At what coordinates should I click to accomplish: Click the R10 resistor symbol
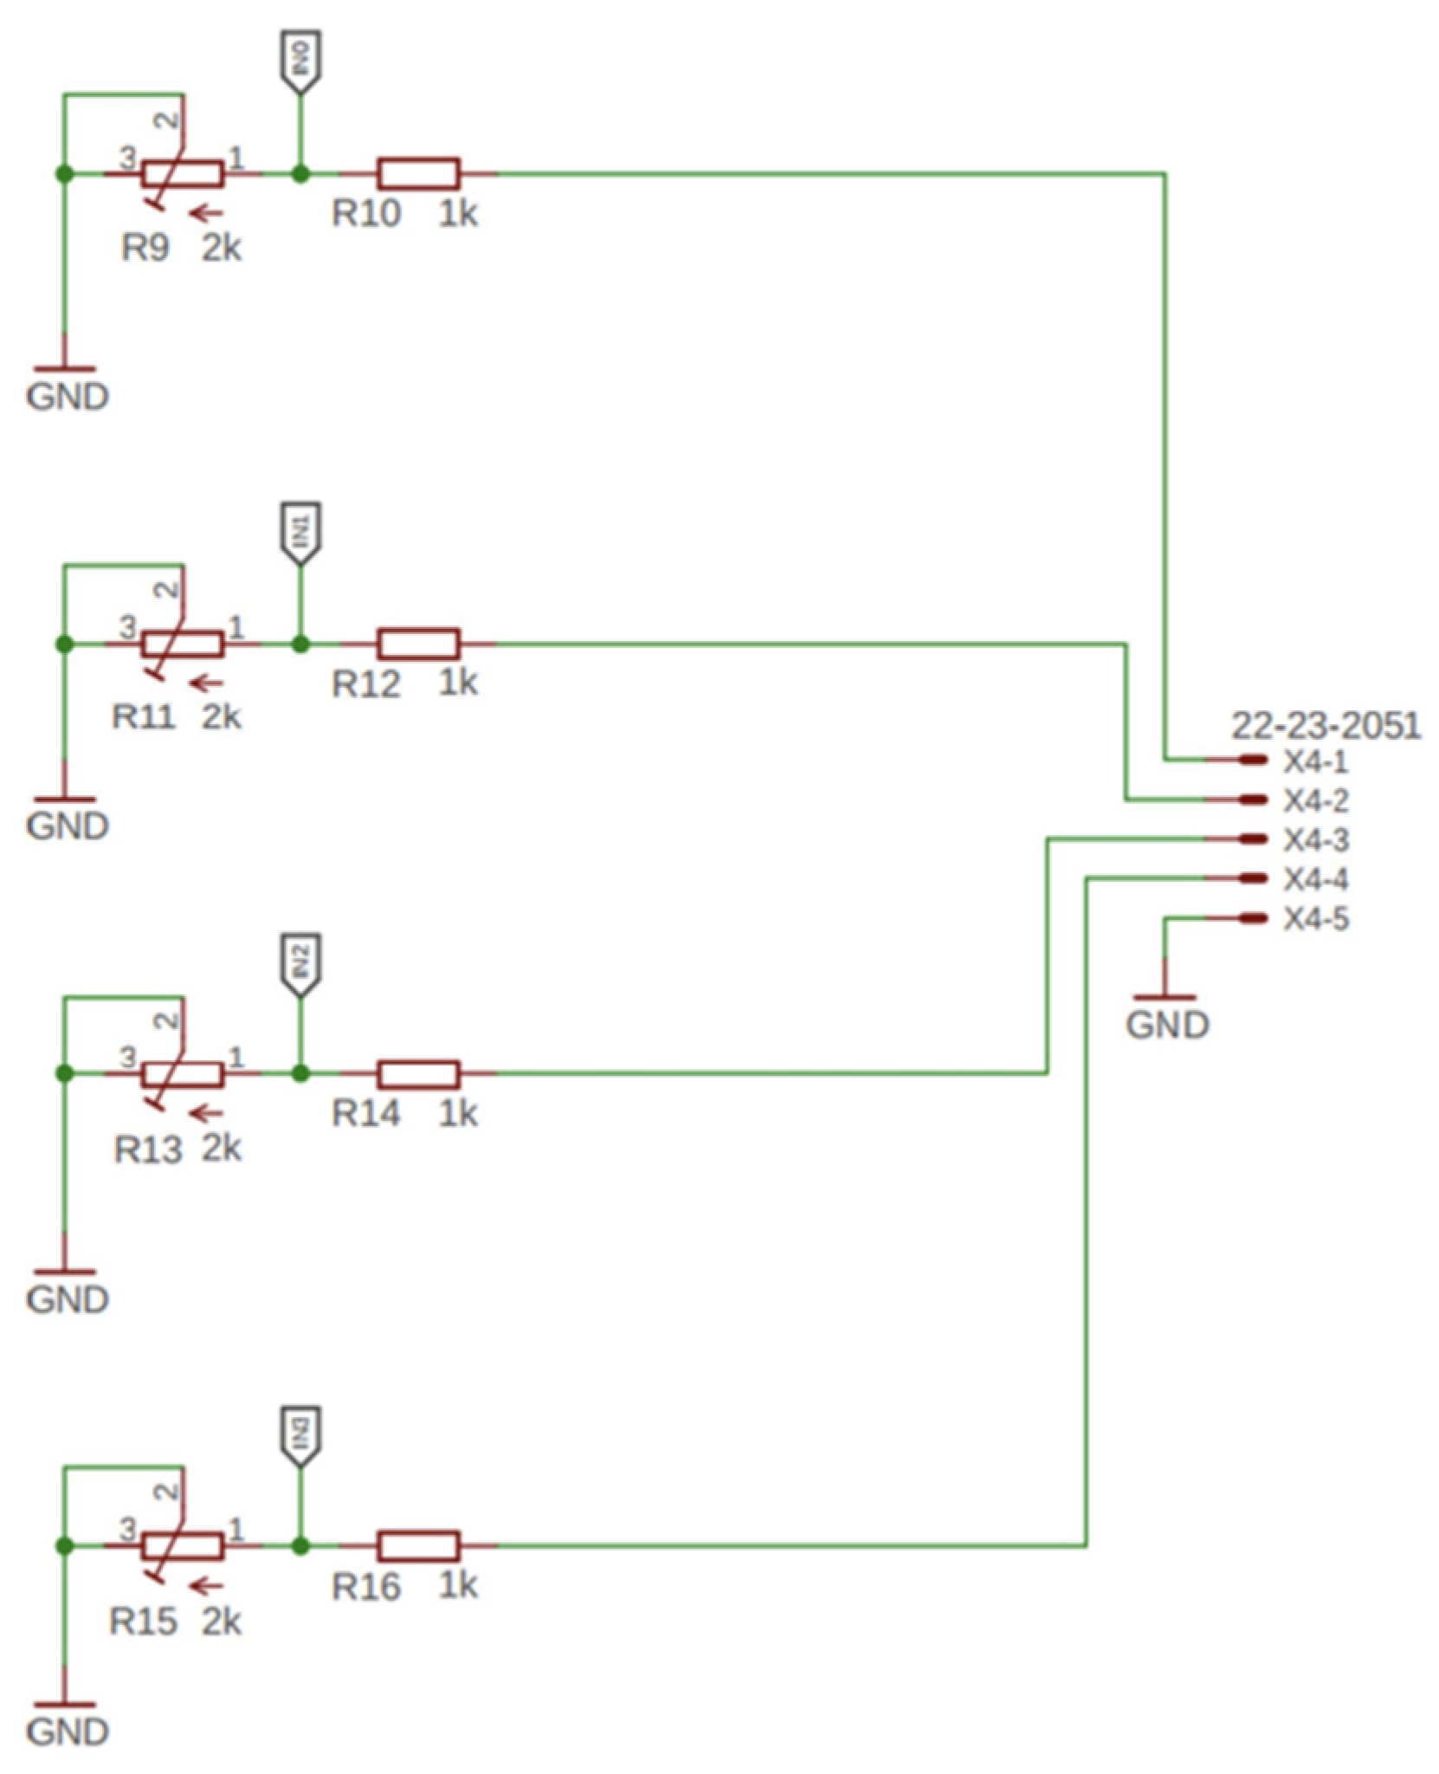418,174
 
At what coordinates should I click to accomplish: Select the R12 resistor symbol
418,644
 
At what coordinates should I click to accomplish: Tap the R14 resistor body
418,1074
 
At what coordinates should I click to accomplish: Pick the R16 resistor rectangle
418,1545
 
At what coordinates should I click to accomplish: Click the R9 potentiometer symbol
183,174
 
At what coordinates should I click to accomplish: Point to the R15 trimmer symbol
183,1545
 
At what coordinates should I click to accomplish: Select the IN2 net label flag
300,963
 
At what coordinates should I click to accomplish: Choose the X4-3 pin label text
1315,840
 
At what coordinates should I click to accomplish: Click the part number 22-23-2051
1326,726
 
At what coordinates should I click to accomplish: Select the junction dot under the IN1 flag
300,644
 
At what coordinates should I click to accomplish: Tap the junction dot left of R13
63,1074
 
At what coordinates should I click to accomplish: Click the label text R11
143,717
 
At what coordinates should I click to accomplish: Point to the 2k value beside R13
222,1149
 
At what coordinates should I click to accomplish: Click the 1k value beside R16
457,1585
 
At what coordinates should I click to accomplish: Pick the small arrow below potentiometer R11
207,683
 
